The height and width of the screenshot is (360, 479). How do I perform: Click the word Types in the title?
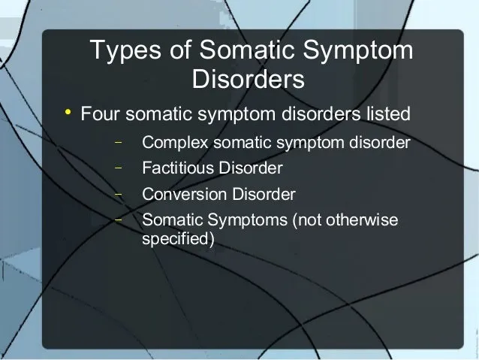point(125,51)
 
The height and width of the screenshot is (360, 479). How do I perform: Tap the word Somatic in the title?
point(247,49)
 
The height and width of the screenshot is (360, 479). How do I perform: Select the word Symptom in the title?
point(358,51)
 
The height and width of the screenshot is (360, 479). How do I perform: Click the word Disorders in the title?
point(249,79)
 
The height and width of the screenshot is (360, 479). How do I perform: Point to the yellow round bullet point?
point(68,112)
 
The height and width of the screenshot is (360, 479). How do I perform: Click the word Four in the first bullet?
point(100,113)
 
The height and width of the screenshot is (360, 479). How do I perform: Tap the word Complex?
point(175,143)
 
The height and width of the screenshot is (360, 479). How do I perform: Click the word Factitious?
point(178,168)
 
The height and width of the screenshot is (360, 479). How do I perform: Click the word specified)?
point(179,239)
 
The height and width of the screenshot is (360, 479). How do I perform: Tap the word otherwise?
point(362,219)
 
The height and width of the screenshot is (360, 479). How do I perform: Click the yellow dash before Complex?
point(118,142)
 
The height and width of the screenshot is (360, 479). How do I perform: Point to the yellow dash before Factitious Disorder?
point(118,168)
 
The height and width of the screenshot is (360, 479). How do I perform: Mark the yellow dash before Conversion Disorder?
point(118,194)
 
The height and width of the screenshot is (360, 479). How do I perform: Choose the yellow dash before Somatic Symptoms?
point(118,219)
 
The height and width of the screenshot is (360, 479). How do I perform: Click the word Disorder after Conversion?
point(264,194)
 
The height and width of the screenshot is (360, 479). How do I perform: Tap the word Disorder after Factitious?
point(251,168)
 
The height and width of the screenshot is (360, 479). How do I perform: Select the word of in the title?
point(180,49)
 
